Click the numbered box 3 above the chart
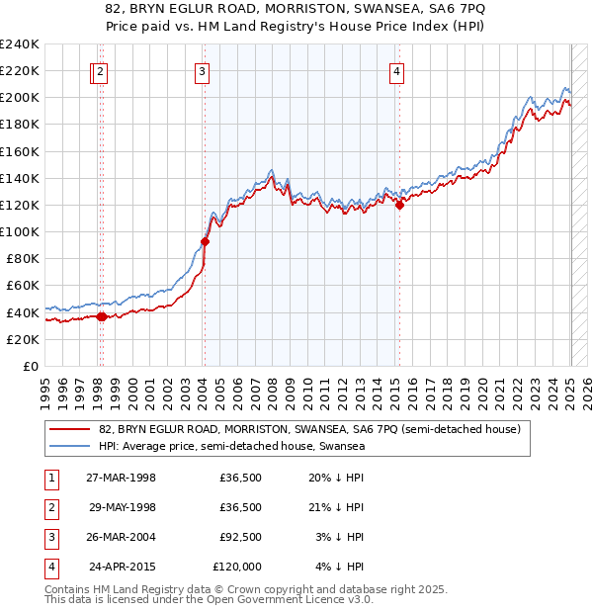coord(202,70)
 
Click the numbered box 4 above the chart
coord(396,70)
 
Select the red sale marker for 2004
coord(205,241)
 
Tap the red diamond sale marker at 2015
coord(400,205)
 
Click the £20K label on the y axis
coord(24,339)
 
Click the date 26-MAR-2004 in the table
coord(123,537)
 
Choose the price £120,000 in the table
coord(237,567)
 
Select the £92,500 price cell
coord(240,537)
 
